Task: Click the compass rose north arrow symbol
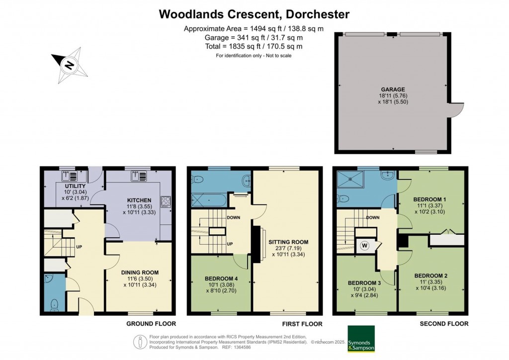pyautogui.click(x=70, y=65)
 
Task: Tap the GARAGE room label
pyautogui.click(x=393, y=89)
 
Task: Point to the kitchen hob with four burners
pyautogui.click(x=166, y=202)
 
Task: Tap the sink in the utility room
pyautogui.click(x=68, y=175)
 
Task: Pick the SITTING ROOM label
pyautogui.click(x=290, y=242)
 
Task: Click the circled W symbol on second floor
pyautogui.click(x=365, y=245)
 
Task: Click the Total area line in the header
pyautogui.click(x=254, y=46)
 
